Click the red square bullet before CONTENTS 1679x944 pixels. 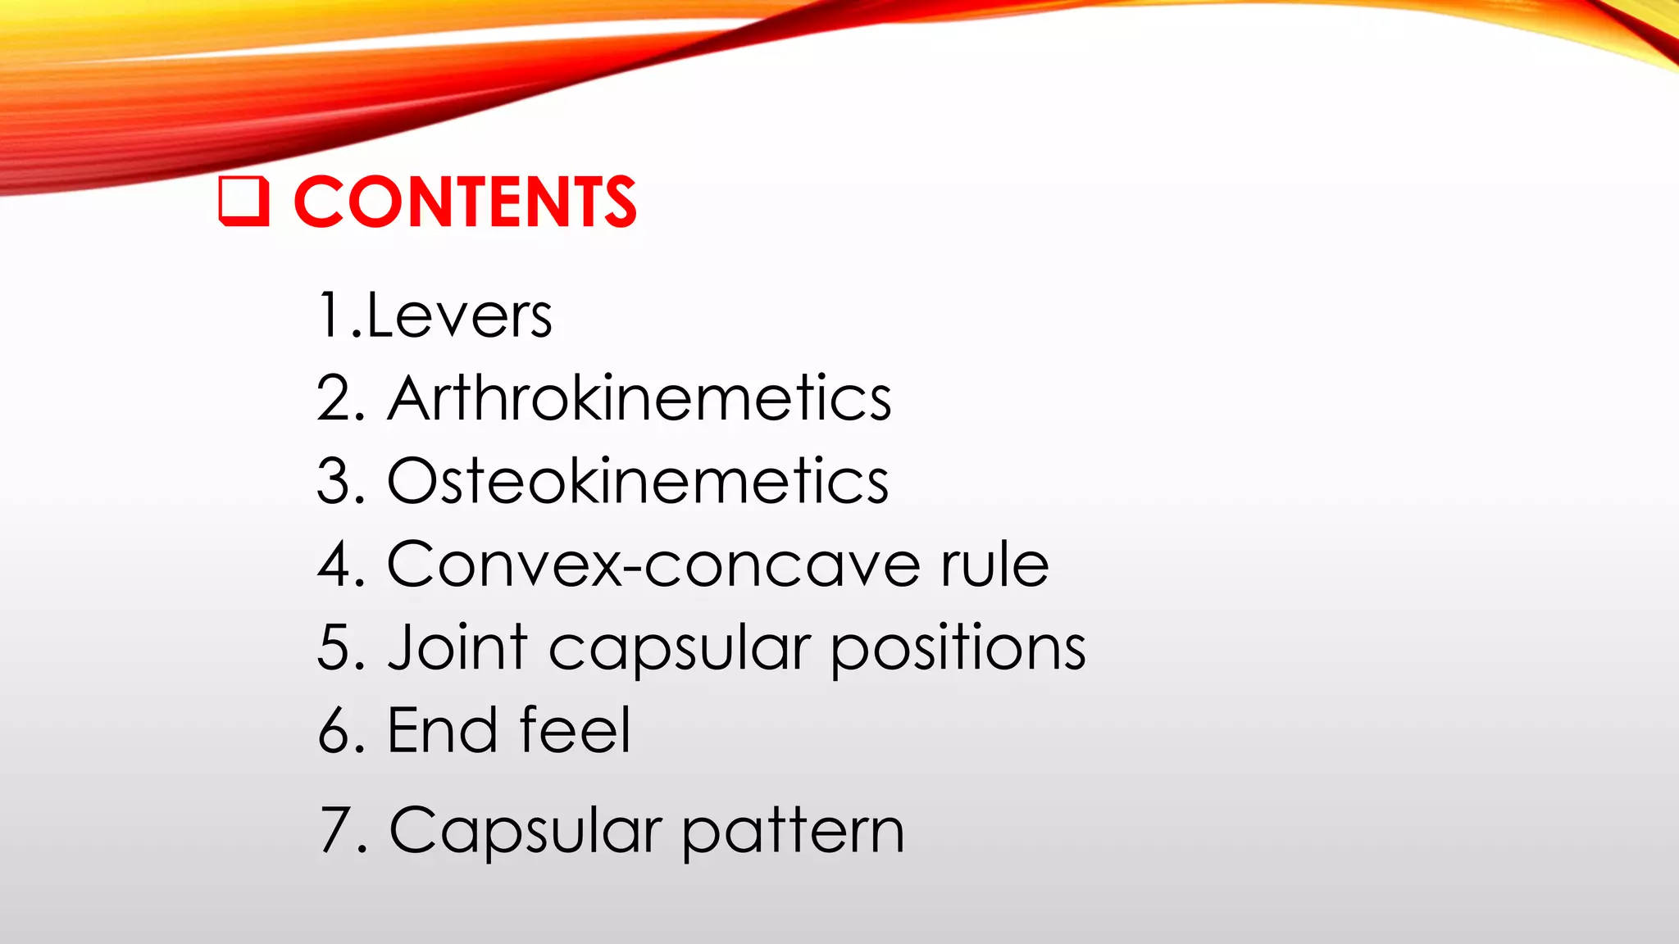pos(243,201)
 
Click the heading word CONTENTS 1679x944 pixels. pos(465,202)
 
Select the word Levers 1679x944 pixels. pos(459,316)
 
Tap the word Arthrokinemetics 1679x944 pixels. pos(639,399)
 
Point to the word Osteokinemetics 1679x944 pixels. pos(638,482)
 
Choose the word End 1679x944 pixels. pos(442,730)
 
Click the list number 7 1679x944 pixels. pos(337,831)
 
